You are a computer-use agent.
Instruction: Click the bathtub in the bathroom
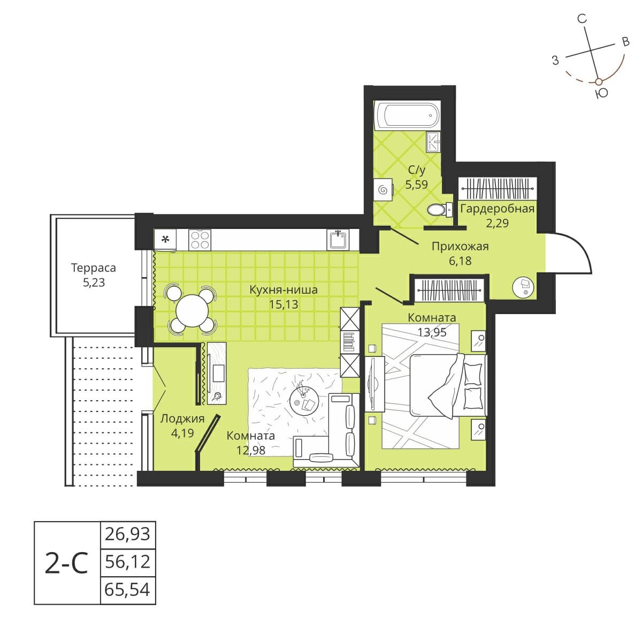tap(408, 115)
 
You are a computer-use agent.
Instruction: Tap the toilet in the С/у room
tap(438, 209)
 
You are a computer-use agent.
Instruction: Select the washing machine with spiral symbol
tap(383, 189)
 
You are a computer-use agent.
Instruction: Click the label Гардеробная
tap(498, 209)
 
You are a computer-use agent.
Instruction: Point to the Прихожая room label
tap(460, 247)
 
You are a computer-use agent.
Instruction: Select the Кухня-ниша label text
tap(284, 290)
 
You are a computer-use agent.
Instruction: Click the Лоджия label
tap(182, 418)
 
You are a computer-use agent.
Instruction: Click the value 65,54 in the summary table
tap(128, 591)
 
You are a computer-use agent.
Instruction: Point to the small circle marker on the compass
tap(599, 81)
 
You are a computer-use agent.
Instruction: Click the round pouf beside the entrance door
tap(524, 287)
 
